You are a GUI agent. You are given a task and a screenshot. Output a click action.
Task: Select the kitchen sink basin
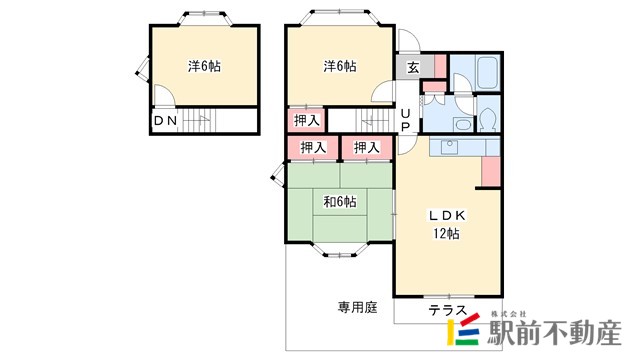tap(450, 146)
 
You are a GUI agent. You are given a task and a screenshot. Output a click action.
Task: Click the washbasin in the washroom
tap(462, 124)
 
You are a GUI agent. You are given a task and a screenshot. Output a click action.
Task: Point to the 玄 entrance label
tap(413, 67)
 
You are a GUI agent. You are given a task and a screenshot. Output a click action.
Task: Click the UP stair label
tap(405, 120)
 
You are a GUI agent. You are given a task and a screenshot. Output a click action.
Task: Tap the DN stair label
tap(166, 120)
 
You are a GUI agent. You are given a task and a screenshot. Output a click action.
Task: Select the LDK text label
tap(447, 216)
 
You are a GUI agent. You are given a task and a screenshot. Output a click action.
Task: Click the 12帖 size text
tap(446, 233)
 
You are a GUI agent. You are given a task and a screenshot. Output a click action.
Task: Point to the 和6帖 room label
tap(340, 202)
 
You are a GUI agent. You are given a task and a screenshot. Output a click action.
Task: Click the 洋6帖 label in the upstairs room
tap(204, 66)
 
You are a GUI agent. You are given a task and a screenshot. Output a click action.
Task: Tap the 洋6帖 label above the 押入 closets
tap(340, 66)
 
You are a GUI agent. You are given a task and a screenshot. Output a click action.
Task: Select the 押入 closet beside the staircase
tap(307, 120)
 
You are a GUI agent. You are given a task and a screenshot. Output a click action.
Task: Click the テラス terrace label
tap(447, 311)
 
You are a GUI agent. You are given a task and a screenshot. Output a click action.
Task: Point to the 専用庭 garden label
tap(358, 307)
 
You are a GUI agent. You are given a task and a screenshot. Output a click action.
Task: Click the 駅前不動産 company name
tap(556, 333)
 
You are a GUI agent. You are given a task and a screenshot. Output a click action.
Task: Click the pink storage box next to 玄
tap(440, 66)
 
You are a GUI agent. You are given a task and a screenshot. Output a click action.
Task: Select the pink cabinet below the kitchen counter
tap(491, 171)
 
